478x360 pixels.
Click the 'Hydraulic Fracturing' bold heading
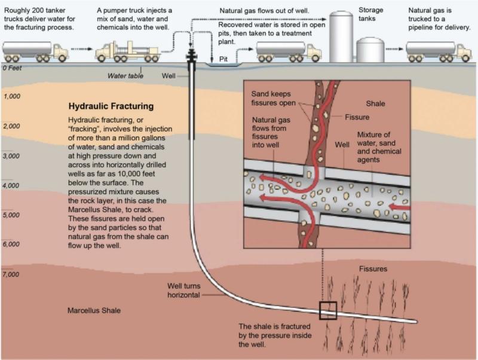click(x=111, y=106)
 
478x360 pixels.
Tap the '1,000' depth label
click(x=13, y=96)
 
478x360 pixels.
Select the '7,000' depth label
click(x=13, y=274)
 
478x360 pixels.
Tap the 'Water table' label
click(x=124, y=76)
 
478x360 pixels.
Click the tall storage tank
click(x=342, y=33)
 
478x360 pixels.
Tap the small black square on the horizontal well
click(x=328, y=311)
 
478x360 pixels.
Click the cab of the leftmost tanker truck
click(x=61, y=51)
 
